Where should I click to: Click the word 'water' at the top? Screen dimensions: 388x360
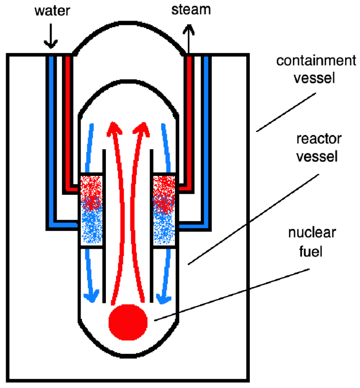click(x=51, y=10)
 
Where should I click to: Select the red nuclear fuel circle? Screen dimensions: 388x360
click(x=128, y=321)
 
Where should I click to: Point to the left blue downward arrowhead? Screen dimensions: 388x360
click(x=92, y=296)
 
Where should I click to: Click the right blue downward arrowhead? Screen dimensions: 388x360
click(x=164, y=296)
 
